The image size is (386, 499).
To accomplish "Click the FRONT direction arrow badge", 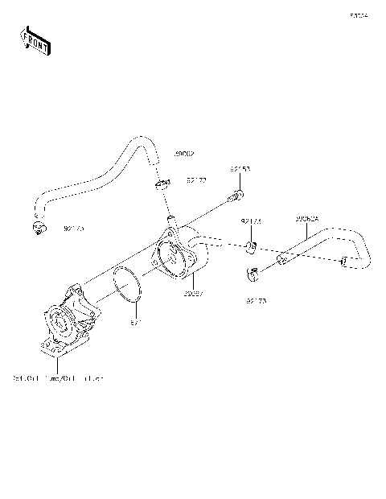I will tap(35, 40).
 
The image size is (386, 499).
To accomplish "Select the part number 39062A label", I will tap(306, 218).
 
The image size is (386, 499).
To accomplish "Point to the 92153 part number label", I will tap(240, 170).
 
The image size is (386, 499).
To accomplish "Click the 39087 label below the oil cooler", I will tap(193, 295).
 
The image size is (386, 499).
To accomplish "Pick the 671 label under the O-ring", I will tap(136, 323).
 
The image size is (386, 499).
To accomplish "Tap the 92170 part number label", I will tap(73, 229).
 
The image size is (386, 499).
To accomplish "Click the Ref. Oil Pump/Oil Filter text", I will tap(58, 377).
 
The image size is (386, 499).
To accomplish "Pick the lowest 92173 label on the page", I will tap(256, 301).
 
